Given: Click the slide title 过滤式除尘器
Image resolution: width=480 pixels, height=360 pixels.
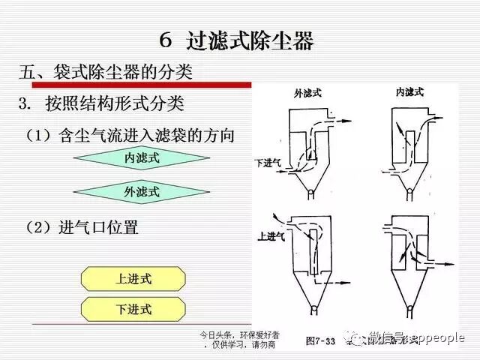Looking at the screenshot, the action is [x=238, y=40].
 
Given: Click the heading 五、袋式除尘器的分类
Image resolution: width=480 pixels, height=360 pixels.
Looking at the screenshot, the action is [x=106, y=73].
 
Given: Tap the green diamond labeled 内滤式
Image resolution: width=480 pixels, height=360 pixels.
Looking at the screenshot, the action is [x=142, y=158].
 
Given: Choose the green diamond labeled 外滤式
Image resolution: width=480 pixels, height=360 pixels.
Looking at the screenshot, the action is [x=142, y=192].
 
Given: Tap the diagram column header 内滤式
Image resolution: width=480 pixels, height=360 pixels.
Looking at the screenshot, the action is [x=409, y=92].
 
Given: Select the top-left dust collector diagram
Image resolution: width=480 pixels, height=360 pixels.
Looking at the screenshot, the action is [x=310, y=150].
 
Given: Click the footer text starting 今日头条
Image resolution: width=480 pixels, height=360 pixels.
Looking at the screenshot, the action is [x=238, y=338].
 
